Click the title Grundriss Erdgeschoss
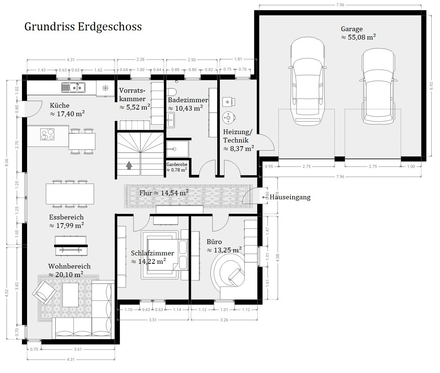[x=83, y=27]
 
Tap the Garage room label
[x=351, y=29]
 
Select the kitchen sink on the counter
[x=74, y=88]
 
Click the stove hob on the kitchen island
[x=47, y=134]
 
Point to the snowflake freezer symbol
[x=105, y=88]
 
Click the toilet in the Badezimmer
[x=172, y=92]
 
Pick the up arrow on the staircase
[x=129, y=165]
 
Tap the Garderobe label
[x=177, y=165]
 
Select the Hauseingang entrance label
[x=290, y=197]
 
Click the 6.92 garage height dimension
[x=431, y=86]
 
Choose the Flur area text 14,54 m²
[x=174, y=193]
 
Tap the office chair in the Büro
[x=236, y=277]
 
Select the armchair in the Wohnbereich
[x=44, y=292]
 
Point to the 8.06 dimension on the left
[x=7, y=162]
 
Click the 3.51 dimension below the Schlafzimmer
[x=153, y=320]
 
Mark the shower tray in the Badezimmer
[x=177, y=149]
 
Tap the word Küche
[x=60, y=106]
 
